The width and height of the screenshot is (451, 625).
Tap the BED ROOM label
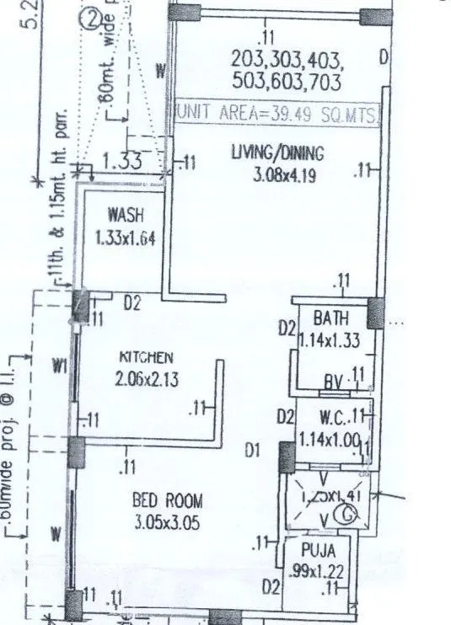(x=168, y=500)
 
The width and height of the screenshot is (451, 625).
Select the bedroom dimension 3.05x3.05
(x=168, y=522)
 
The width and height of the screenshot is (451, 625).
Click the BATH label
(x=330, y=319)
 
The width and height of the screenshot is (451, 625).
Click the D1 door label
(x=252, y=451)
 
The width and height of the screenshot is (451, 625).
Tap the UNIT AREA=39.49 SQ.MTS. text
(x=277, y=112)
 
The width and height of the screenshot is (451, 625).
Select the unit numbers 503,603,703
(x=286, y=82)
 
